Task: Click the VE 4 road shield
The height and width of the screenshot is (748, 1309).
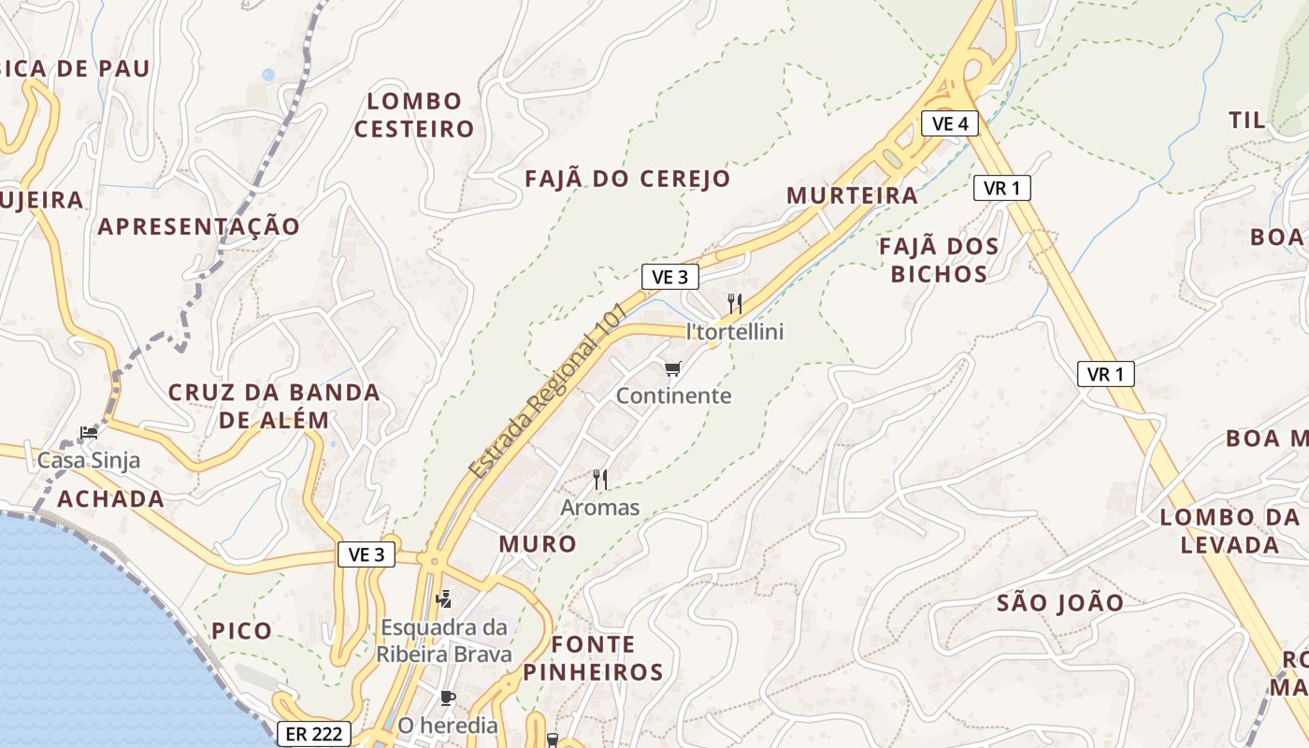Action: pyautogui.click(x=949, y=122)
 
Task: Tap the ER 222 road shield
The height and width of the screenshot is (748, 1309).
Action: pyautogui.click(x=314, y=734)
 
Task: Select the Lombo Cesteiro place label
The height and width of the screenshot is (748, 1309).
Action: pyautogui.click(x=414, y=115)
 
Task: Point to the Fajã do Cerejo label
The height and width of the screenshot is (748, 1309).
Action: pyautogui.click(x=627, y=179)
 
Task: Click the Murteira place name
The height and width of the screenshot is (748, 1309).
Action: pyautogui.click(x=852, y=195)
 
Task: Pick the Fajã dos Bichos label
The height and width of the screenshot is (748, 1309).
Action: pyautogui.click(x=939, y=261)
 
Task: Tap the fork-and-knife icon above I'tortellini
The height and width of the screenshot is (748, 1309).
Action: pyautogui.click(x=735, y=304)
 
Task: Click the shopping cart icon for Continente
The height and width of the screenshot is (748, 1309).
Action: pyautogui.click(x=673, y=369)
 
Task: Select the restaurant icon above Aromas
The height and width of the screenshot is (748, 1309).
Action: pyautogui.click(x=600, y=480)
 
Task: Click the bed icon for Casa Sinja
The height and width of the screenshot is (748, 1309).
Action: pyautogui.click(x=89, y=432)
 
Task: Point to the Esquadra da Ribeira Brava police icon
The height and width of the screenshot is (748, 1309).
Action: pyautogui.click(x=444, y=597)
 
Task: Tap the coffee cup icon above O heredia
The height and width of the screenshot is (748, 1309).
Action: pyautogui.click(x=448, y=698)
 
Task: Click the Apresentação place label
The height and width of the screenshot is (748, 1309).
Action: pyautogui.click(x=199, y=226)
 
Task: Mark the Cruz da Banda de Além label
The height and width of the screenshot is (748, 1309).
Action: pyautogui.click(x=274, y=406)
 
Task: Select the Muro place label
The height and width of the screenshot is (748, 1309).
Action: pyautogui.click(x=538, y=543)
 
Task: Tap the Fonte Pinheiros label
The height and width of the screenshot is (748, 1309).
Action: pyautogui.click(x=593, y=658)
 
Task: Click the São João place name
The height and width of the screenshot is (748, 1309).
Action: pyautogui.click(x=1060, y=603)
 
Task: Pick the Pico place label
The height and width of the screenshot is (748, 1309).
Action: pyautogui.click(x=241, y=630)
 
